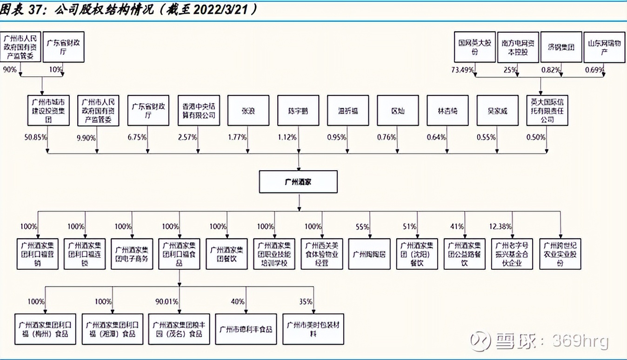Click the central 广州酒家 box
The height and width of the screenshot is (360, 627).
tap(298, 182)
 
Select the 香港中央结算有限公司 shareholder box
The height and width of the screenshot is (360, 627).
tap(199, 111)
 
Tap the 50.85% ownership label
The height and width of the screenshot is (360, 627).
tap(35, 138)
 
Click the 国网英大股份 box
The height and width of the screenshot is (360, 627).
tap(475, 47)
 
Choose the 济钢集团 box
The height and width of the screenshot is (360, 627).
tap(561, 47)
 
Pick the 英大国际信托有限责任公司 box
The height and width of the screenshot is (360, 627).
tap(547, 111)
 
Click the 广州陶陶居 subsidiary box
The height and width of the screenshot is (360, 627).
tap(369, 254)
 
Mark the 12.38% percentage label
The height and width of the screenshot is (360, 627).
tap(500, 227)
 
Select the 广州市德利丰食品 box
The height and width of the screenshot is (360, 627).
tap(246, 329)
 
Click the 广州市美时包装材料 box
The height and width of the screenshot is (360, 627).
tap(313, 329)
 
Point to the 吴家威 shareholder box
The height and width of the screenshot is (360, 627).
tap(497, 111)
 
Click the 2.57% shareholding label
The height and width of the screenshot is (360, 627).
tap(187, 138)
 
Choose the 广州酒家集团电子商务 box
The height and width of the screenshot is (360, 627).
tap(132, 254)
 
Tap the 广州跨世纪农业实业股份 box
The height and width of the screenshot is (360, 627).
tap(560, 254)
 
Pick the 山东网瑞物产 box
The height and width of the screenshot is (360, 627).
tap(604, 47)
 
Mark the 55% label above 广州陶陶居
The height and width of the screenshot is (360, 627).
tap(362, 227)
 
